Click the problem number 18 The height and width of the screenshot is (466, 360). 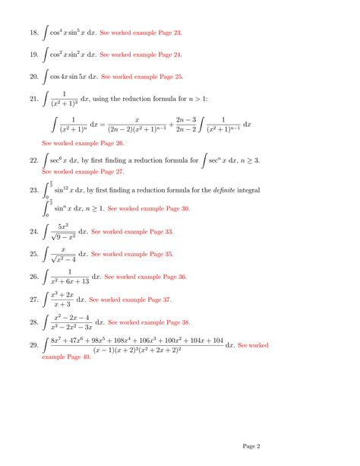(x=33, y=33)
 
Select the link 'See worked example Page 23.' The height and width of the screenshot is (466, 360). (x=141, y=33)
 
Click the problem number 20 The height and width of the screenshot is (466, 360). (x=33, y=77)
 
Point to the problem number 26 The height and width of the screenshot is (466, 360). (x=33, y=277)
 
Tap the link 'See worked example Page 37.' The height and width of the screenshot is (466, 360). (x=130, y=300)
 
